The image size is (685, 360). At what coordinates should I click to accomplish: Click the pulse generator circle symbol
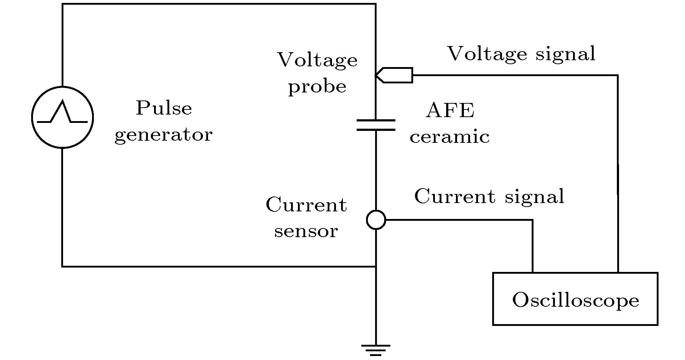(62, 117)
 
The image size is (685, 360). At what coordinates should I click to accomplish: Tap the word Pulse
(164, 108)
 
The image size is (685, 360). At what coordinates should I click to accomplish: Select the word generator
(163, 135)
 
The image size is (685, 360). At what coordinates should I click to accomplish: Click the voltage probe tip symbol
(394, 75)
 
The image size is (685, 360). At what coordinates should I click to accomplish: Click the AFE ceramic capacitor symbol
(376, 125)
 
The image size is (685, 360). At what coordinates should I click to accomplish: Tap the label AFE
(450, 110)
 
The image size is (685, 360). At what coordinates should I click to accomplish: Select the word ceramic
(450, 137)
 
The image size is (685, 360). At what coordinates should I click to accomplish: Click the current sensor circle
(376, 220)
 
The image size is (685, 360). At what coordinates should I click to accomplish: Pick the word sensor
(306, 231)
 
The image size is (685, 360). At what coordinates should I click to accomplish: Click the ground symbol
(376, 349)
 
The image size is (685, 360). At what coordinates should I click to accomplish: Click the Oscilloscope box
(575, 299)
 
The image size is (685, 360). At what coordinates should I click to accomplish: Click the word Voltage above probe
(317, 60)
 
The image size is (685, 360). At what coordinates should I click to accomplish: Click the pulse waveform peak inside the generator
(63, 101)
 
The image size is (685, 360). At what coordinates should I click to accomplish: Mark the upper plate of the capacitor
(376, 120)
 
